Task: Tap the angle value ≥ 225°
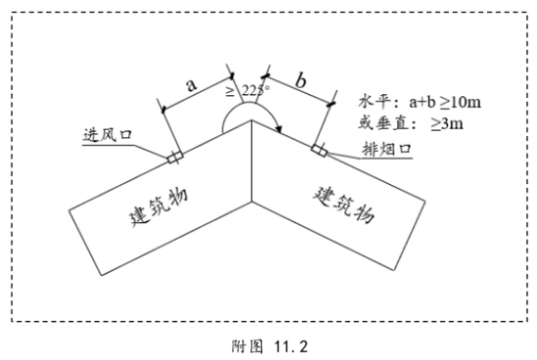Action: (247, 91)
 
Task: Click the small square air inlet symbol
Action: (172, 156)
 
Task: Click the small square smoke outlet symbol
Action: (318, 149)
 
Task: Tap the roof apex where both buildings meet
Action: (252, 122)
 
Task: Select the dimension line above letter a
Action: (197, 92)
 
